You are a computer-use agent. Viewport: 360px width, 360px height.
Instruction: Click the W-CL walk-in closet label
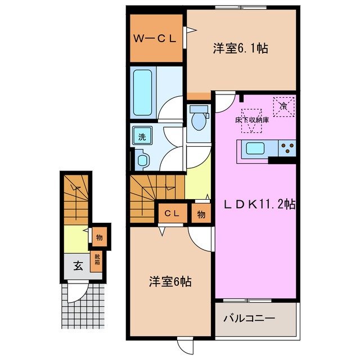(155, 39)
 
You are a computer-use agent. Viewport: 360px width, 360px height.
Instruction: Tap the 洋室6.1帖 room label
(240, 48)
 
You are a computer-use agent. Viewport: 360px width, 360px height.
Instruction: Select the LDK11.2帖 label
(256, 205)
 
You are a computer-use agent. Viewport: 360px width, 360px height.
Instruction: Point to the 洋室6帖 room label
(170, 281)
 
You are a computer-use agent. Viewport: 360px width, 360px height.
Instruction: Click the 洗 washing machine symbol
(142, 136)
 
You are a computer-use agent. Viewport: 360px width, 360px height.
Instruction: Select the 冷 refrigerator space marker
(283, 106)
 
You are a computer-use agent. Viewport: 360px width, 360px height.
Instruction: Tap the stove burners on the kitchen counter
(288, 149)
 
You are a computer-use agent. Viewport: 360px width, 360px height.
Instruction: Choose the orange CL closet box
(172, 213)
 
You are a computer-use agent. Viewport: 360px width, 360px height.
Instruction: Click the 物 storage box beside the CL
(201, 214)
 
